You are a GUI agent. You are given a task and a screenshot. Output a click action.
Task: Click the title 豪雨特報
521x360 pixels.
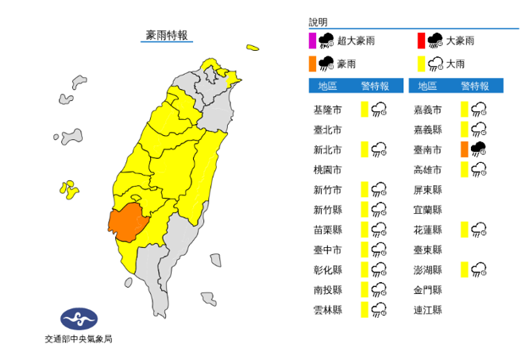pos(167,35)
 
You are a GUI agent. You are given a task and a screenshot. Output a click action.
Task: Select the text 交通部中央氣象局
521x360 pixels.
pos(78,339)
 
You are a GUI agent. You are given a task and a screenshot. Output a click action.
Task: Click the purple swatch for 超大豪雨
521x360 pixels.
pos(313,40)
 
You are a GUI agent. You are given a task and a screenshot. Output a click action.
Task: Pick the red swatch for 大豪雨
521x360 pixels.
pos(420,40)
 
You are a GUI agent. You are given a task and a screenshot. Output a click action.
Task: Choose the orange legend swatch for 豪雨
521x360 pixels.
pos(313,62)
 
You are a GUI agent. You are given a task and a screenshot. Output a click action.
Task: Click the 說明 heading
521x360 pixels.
pos(318,22)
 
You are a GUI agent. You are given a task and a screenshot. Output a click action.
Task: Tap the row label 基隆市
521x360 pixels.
pos(329,109)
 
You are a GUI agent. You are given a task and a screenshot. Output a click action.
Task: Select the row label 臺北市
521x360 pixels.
pos(329,129)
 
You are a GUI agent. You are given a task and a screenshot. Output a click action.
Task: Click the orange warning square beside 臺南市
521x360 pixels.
pos(464,149)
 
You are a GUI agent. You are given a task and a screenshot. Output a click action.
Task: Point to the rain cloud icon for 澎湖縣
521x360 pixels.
pos(478,269)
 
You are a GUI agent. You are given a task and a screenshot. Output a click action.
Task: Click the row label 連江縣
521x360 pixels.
pos(428,308)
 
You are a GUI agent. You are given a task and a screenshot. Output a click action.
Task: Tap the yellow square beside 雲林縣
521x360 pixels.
pos(365,309)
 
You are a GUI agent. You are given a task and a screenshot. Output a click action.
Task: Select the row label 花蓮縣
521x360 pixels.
pos(428,229)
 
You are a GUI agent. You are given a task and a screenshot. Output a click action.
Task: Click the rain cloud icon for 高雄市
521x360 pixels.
pos(478,168)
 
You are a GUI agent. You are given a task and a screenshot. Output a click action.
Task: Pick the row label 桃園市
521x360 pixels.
pos(329,169)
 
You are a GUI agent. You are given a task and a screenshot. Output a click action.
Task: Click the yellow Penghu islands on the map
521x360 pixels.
pos(69,189)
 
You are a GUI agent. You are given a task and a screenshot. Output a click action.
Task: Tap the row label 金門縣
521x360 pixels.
pos(428,288)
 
